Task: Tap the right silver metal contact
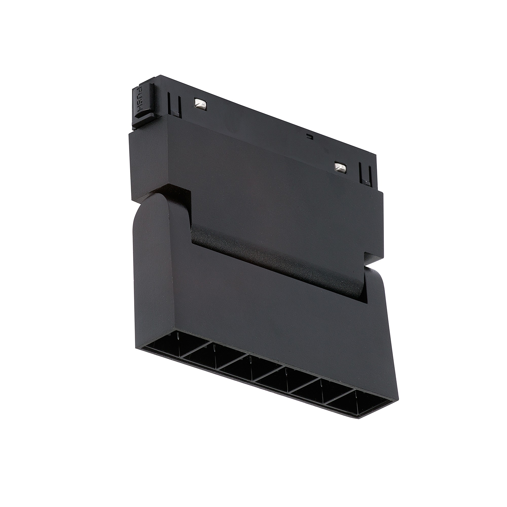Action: [340, 167]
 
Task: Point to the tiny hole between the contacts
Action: [310, 136]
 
